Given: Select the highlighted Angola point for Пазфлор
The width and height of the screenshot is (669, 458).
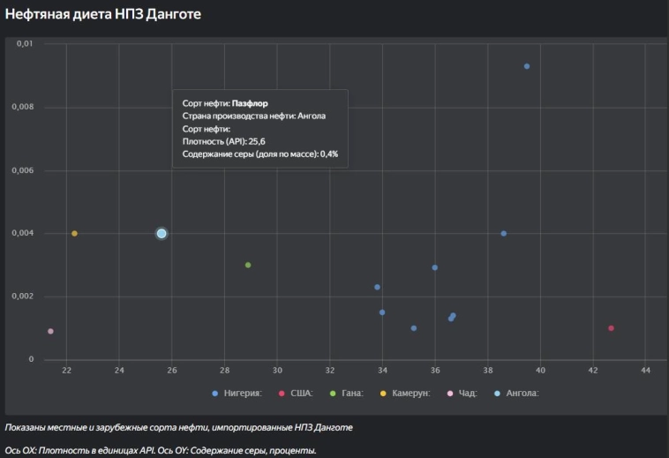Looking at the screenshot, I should (162, 233).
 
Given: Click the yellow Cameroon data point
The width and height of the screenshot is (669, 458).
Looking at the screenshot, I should (74, 233).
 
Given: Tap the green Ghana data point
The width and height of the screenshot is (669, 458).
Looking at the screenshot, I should (248, 265).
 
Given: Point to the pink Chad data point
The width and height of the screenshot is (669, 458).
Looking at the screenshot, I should (50, 331).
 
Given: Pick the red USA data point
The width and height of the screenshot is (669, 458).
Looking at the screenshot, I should (611, 328).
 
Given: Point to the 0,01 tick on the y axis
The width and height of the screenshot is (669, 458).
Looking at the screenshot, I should (26, 44).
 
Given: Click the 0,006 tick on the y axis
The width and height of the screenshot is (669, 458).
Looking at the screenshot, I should (23, 170).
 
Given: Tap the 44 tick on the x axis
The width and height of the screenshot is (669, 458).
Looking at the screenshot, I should (646, 370).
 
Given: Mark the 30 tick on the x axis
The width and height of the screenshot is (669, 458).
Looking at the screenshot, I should (277, 370).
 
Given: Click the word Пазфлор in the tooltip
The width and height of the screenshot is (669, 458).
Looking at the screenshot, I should (250, 103).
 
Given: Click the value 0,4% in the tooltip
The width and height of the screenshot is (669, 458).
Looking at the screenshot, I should (328, 154).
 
